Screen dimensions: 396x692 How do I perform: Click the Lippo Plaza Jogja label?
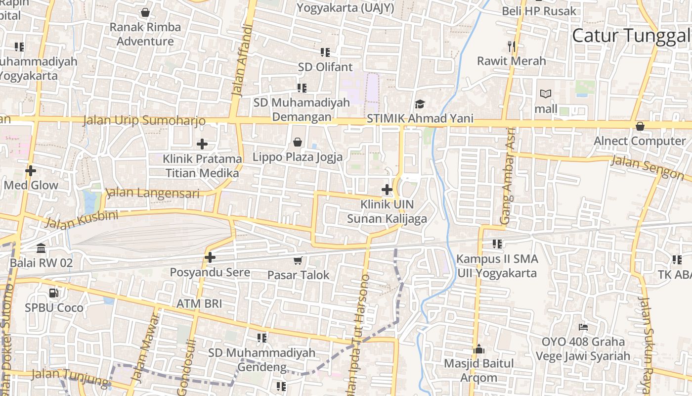298,157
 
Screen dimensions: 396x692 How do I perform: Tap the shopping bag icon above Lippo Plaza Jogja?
298,143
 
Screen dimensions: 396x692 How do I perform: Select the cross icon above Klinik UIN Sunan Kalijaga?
387,190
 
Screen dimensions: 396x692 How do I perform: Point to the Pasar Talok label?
298,275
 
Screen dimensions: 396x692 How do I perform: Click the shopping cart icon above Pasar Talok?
298,260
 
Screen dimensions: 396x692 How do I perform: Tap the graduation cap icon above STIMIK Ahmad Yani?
420,104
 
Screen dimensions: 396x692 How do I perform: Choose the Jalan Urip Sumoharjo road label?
144,120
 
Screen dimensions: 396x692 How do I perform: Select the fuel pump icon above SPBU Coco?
54,293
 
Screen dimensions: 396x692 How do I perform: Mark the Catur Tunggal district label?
631,36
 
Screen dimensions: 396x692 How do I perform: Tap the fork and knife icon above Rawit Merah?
512,47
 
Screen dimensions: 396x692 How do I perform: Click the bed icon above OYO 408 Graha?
583,327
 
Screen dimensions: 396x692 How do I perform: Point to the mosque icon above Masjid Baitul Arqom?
478,349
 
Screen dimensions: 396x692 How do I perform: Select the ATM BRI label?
199,303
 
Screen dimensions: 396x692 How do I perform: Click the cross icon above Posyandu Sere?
210,257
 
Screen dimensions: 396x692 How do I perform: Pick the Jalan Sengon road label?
647,167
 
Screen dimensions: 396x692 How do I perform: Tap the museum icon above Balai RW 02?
41,248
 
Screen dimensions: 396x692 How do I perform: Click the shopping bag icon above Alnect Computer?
640,126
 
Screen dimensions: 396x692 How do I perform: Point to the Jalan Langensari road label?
153,193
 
